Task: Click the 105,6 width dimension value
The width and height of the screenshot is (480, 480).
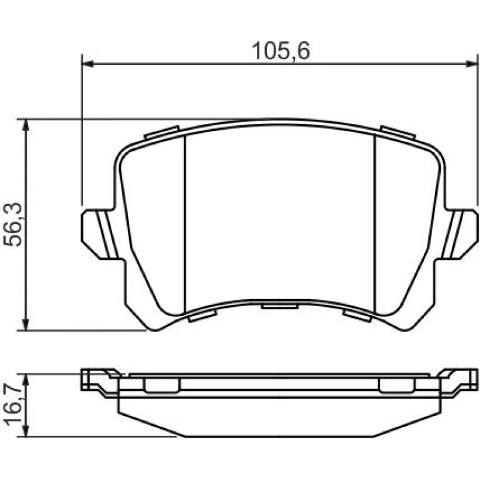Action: pyautogui.click(x=281, y=51)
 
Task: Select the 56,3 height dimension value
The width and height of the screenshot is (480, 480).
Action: pyautogui.click(x=13, y=224)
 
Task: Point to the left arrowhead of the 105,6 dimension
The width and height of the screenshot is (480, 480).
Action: pyautogui.click(x=88, y=64)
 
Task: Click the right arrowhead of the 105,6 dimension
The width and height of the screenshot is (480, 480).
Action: pyautogui.click(x=471, y=64)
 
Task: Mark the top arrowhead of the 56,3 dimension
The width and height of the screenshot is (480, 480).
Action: pyautogui.click(x=26, y=124)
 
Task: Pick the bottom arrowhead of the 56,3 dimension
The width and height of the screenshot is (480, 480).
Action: pyautogui.click(x=26, y=325)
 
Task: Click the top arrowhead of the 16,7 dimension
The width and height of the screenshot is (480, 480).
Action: pyautogui.click(x=26, y=379)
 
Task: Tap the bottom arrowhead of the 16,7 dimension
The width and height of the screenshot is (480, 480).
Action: pyautogui.click(x=26, y=431)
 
